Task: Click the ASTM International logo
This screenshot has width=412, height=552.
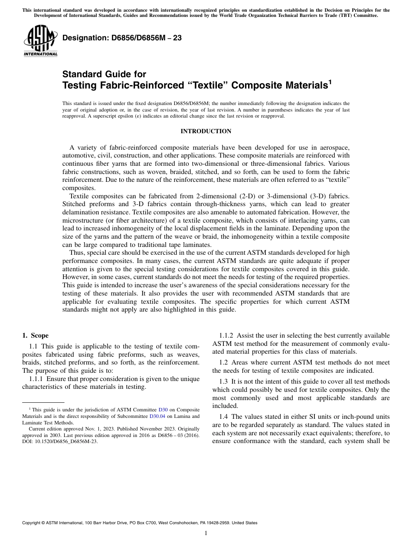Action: [x=40, y=41]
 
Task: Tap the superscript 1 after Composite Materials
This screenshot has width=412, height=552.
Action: [x=330, y=82]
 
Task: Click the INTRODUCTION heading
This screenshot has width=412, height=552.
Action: [x=206, y=131]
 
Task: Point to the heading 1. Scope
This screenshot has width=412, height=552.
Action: [x=35, y=335]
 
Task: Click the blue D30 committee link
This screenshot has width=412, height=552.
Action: [x=163, y=410]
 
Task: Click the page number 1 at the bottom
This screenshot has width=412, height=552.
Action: [x=206, y=533]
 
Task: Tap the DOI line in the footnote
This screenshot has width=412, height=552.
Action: [x=60, y=442]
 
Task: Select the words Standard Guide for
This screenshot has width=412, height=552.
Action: [x=104, y=74]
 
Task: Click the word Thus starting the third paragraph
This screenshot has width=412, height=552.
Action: [x=77, y=253]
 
